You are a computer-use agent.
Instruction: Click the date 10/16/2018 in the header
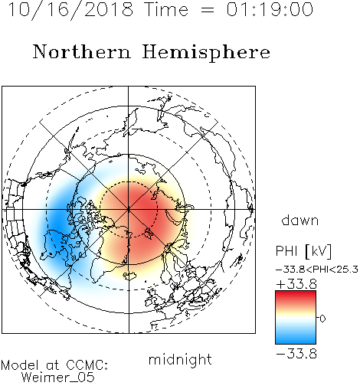click(x=70, y=10)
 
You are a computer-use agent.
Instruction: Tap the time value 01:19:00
click(x=270, y=10)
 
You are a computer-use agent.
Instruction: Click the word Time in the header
click(x=166, y=10)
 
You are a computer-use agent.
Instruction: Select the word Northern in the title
click(x=81, y=51)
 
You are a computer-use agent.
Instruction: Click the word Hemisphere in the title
click(x=206, y=53)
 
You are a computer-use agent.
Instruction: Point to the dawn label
click(x=300, y=220)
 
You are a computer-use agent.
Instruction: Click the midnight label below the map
click(x=180, y=360)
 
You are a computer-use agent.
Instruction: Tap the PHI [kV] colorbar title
click(x=303, y=251)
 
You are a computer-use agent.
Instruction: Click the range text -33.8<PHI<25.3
click(x=317, y=270)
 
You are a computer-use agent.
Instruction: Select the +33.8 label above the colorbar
click(x=296, y=284)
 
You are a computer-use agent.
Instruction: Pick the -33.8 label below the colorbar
click(x=296, y=354)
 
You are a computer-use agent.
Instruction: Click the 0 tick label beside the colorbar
click(x=322, y=319)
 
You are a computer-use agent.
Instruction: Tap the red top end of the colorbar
click(x=296, y=293)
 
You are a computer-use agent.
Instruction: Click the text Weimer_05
click(x=58, y=378)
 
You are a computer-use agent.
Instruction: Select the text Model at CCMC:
click(x=54, y=365)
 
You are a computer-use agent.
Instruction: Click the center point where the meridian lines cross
click(x=129, y=210)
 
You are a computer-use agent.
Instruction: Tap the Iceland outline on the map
click(x=130, y=276)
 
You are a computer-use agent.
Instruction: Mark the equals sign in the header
click(x=208, y=10)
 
